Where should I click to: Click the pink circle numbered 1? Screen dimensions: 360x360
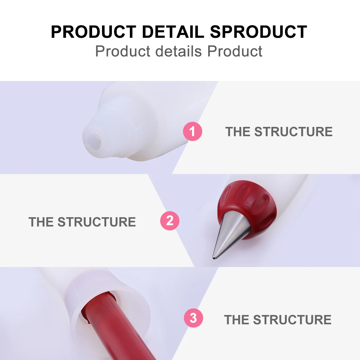click(193, 131)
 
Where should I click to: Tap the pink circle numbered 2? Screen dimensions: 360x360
click(170, 221)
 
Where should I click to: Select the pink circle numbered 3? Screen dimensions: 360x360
click(193, 318)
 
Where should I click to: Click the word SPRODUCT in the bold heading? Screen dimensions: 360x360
click(259, 32)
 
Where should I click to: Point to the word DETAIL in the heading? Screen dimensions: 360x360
click(173, 32)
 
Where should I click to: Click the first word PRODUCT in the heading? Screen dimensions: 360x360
click(94, 32)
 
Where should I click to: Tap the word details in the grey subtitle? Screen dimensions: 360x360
click(178, 51)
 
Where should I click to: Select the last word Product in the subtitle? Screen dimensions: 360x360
click(235, 51)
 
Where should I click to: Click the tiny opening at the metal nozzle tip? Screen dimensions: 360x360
click(214, 257)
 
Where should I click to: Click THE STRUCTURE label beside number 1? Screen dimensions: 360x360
click(279, 132)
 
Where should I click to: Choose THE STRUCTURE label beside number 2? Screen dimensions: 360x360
click(82, 222)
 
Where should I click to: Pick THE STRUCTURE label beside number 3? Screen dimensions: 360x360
click(278, 320)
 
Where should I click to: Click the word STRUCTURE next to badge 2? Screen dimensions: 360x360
click(97, 222)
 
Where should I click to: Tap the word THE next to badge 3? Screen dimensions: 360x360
click(237, 320)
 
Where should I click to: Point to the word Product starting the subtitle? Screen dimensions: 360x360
click(123, 51)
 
